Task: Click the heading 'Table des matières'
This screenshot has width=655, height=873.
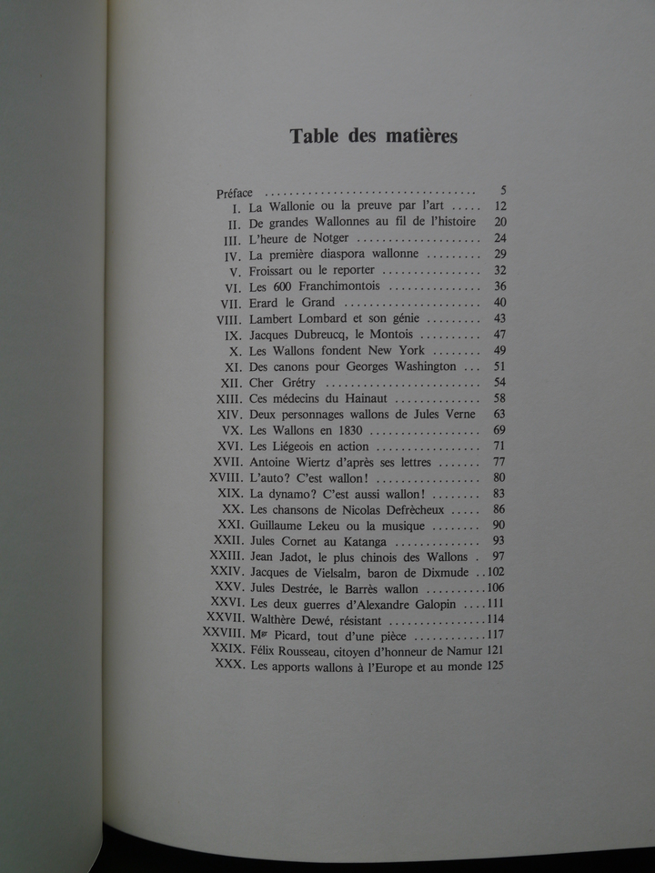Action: coord(373,136)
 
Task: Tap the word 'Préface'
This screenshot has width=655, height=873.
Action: coord(235,193)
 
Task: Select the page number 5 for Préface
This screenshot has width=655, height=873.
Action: coord(502,190)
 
